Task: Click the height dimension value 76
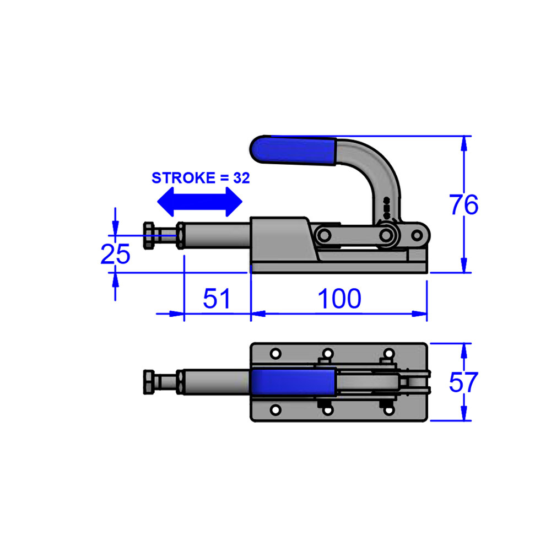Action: [463, 205]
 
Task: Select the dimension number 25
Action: [115, 254]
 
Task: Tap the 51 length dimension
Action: [217, 298]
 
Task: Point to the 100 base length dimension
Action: [339, 298]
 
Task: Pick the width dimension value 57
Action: [463, 382]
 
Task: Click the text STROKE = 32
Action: [201, 178]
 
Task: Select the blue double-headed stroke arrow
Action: [199, 201]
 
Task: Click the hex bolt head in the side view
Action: [149, 236]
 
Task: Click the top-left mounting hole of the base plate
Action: [276, 353]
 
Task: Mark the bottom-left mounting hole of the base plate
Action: [276, 409]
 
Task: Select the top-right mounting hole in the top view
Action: [388, 353]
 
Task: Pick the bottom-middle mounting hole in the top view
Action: [327, 409]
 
